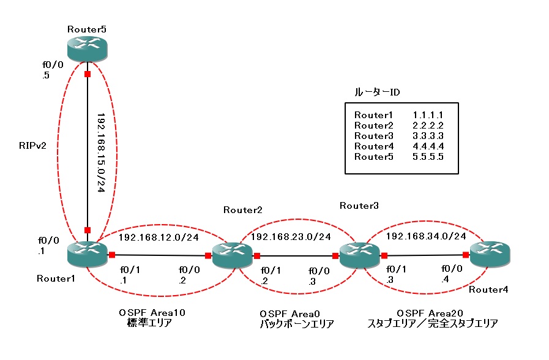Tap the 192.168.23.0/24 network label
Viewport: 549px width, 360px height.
(x=291, y=237)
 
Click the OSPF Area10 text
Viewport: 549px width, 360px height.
(x=152, y=312)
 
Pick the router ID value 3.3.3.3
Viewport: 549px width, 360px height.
(x=427, y=135)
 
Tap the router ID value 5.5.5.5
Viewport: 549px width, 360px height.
(x=427, y=157)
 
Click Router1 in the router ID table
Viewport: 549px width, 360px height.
(x=372, y=114)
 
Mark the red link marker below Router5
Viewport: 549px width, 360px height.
(x=88, y=74)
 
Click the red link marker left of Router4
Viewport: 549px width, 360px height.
(x=466, y=255)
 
